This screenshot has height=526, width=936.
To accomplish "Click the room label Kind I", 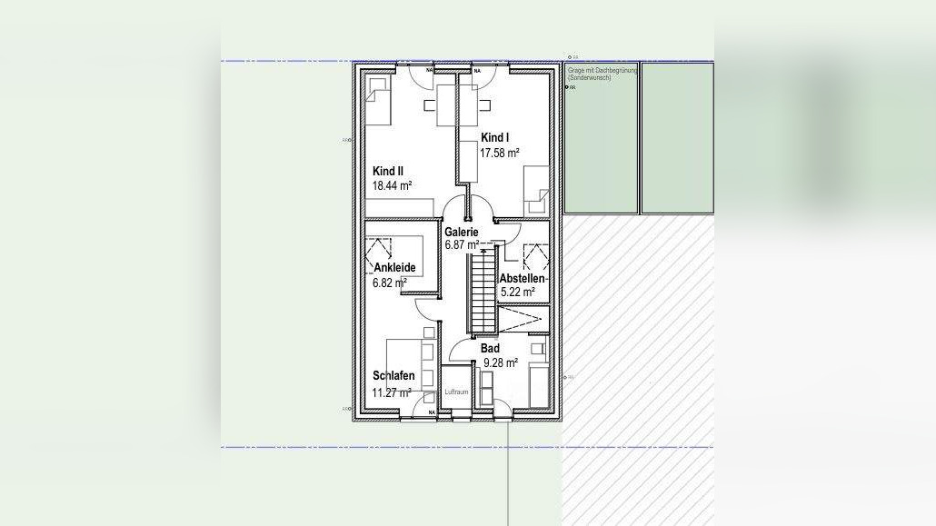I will [494, 137].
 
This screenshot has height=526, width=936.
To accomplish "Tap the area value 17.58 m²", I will [499, 153].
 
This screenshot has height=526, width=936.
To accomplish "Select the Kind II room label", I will [388, 171].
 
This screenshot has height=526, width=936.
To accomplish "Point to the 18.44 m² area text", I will [392, 185].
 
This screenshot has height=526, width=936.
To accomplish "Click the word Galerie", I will [462, 232].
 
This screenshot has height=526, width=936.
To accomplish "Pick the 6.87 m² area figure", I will [462, 245].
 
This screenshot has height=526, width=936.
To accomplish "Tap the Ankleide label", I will [394, 268].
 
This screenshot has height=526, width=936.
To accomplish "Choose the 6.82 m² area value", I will [389, 283].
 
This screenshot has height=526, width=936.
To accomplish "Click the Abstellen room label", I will [522, 278].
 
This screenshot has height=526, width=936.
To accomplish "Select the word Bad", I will [490, 348].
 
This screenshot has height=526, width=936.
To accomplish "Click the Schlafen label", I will [393, 376].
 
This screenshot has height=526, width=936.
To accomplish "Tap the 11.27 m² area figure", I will [392, 392].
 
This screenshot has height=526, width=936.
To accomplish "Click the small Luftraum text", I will [455, 392].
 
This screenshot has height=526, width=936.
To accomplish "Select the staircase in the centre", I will [480, 293].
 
